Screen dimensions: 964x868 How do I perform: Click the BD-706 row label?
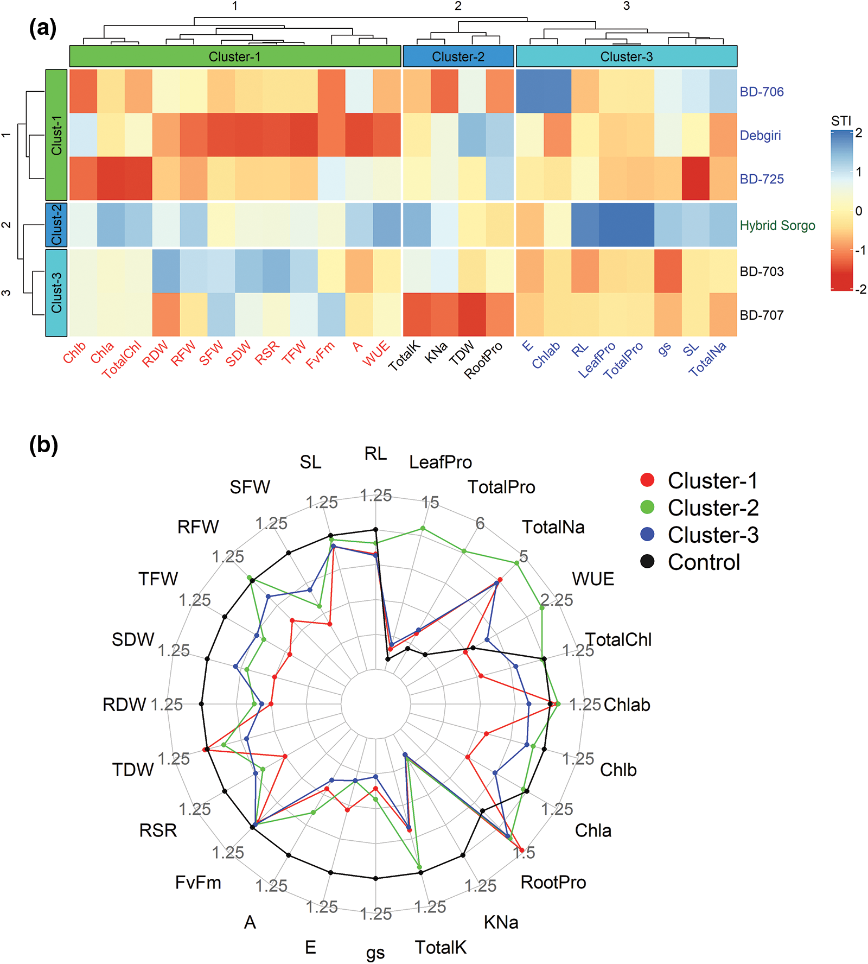point(761,92)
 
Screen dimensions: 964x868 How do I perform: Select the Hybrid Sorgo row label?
point(777,225)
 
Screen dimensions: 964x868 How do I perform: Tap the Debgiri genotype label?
point(760,135)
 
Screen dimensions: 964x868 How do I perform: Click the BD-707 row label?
point(761,315)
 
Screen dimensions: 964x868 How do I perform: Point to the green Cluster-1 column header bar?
point(235,56)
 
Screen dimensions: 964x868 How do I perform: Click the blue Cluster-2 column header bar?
point(458,56)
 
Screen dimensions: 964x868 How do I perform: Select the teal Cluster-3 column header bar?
point(626,56)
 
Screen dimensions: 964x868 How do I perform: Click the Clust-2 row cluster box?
point(56,225)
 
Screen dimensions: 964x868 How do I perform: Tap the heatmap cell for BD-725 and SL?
point(695,179)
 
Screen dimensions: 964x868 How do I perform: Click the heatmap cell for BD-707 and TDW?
point(472,315)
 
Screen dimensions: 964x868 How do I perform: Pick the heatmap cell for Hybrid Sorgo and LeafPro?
point(612,225)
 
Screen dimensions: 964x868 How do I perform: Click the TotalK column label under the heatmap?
point(404,356)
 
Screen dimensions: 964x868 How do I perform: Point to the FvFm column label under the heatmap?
point(320,355)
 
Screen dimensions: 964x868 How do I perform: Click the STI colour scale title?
point(841,121)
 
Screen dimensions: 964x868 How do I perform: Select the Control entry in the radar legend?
point(704,562)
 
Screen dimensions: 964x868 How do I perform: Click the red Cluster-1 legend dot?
point(647,480)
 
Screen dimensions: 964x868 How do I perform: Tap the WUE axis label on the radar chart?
point(593,579)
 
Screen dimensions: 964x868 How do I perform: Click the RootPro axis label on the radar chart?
point(553,882)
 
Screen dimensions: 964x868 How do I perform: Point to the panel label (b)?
point(43,445)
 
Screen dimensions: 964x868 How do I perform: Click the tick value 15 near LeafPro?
point(430,502)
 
